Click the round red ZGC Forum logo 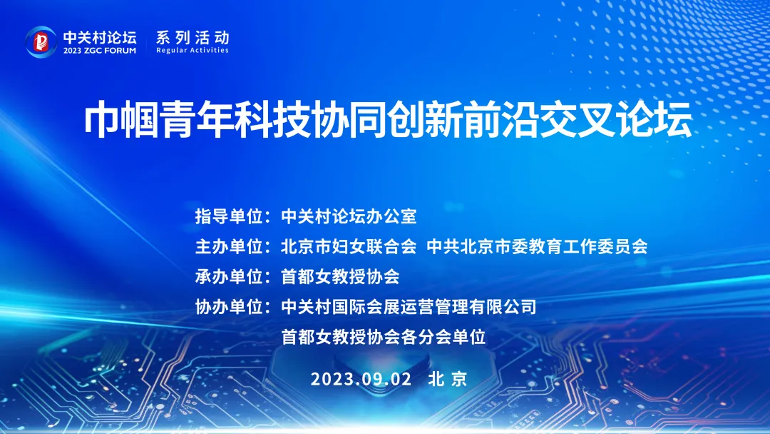41,42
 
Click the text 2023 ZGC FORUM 100,51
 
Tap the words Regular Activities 192,50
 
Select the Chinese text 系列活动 192,37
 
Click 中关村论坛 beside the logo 100,37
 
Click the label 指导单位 230,216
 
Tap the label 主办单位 230,246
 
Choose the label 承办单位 230,277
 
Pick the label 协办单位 230,307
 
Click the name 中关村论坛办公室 349,216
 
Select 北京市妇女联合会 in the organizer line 349,246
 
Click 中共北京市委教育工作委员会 538,246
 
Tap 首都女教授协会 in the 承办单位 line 340,277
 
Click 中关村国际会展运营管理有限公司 409,307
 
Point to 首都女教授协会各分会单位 384,337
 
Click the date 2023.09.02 361,379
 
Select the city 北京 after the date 448,379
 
